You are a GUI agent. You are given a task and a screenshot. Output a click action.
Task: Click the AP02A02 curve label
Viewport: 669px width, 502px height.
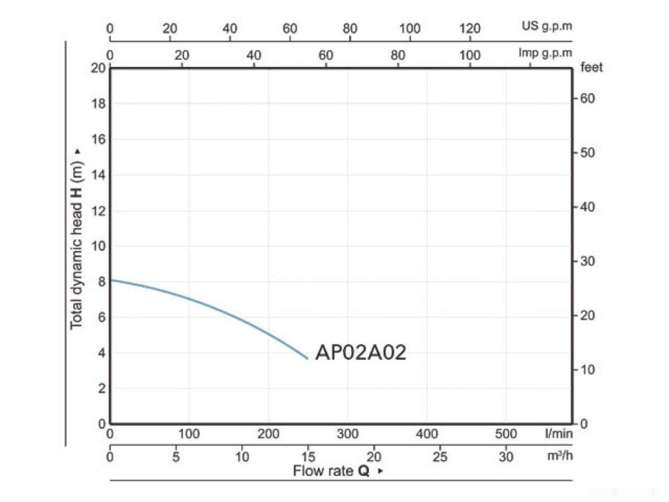point(360,353)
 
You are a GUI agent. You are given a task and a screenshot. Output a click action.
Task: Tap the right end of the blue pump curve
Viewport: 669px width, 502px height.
point(308,359)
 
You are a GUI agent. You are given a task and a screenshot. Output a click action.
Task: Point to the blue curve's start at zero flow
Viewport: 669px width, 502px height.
point(111,280)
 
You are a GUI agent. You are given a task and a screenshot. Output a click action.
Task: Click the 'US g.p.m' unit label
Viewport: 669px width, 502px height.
point(547,28)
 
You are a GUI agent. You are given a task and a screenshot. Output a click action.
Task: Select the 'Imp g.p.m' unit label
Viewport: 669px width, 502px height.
point(546,53)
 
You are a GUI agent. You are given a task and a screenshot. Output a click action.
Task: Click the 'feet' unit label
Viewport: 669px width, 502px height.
point(592,68)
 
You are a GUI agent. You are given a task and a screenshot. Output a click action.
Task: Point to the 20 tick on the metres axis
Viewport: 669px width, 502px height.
point(98,68)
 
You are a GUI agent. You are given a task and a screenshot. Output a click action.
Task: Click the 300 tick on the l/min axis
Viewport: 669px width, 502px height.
point(348,434)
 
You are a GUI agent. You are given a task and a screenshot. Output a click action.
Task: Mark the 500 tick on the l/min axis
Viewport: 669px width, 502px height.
point(506,434)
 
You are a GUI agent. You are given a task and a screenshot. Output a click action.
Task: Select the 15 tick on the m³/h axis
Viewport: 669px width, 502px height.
point(308,456)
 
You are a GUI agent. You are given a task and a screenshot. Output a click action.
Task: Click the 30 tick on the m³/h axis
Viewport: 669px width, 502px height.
point(506,456)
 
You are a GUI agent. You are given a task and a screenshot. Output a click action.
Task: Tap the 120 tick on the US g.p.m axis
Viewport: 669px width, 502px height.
point(470,28)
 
